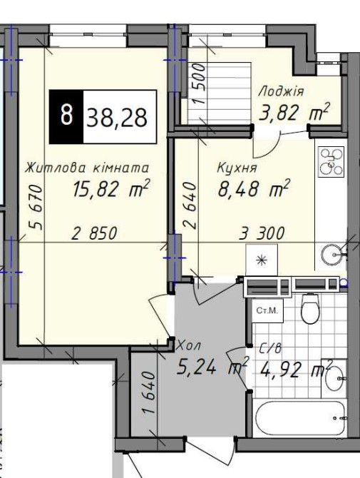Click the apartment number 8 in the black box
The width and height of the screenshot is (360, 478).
[x=66, y=115]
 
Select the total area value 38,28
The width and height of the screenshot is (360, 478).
[x=117, y=118]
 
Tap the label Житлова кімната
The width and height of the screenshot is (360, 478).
[x=88, y=168]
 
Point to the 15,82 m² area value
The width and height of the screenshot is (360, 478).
[x=110, y=188]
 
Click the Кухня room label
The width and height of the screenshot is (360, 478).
[x=237, y=168]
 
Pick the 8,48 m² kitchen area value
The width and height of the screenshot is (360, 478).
[x=253, y=188]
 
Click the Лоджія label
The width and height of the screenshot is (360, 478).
[x=281, y=91]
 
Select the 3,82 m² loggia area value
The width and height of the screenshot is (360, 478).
[x=294, y=111]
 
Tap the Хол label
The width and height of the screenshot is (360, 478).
[x=188, y=346]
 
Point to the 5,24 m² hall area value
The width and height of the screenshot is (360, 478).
[x=212, y=366]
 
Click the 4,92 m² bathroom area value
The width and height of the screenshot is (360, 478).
[x=295, y=369]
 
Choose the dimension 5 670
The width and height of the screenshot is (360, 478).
[x=36, y=207]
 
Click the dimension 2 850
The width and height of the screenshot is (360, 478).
[x=94, y=233]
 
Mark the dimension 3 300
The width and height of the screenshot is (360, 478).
[x=262, y=233]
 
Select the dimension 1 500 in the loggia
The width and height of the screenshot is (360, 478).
[x=201, y=83]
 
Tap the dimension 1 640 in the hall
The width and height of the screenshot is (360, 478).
[x=149, y=392]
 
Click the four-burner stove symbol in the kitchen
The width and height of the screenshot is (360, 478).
[x=331, y=162]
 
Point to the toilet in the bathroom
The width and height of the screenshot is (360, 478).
[x=310, y=308]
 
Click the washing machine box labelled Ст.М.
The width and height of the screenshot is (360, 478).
[x=267, y=310]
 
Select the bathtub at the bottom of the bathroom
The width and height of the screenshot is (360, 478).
[x=301, y=418]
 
